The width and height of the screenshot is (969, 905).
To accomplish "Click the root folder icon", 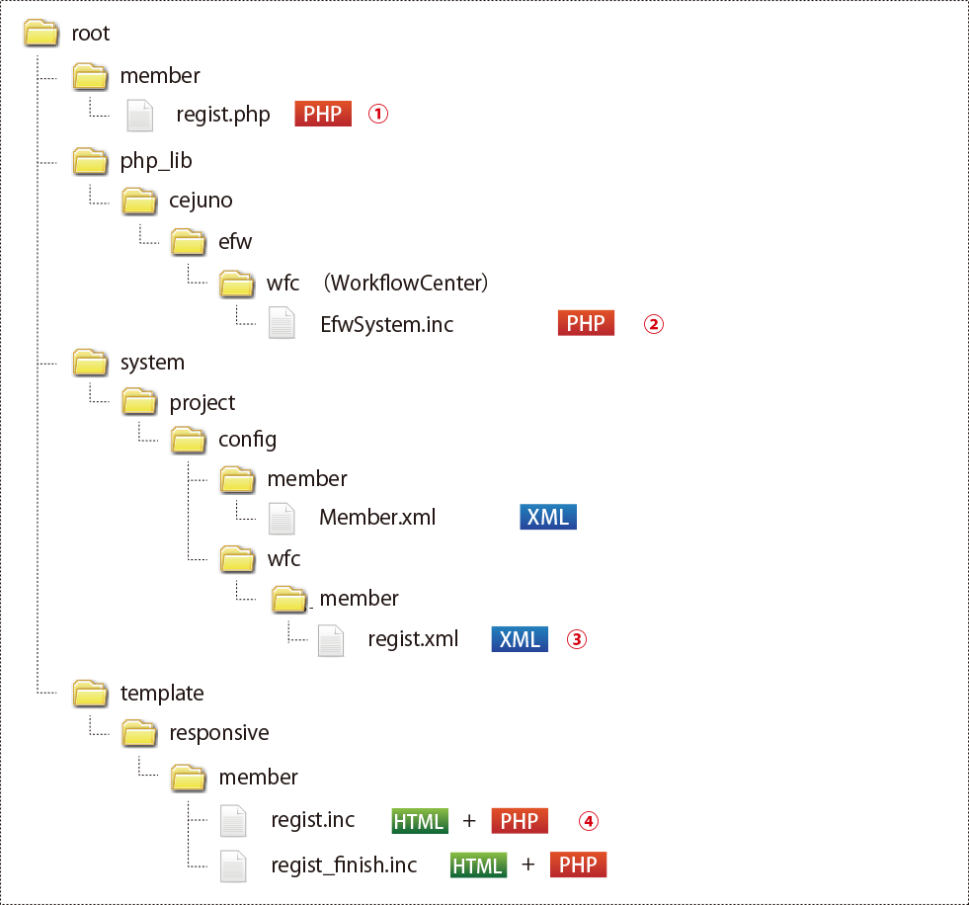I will (x=42, y=34).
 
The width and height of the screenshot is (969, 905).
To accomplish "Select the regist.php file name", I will (x=223, y=115).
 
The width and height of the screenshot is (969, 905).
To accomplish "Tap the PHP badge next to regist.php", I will (x=323, y=114).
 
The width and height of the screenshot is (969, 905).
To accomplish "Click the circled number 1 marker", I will (x=378, y=114).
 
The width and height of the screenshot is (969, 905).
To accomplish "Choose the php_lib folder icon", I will (x=91, y=161).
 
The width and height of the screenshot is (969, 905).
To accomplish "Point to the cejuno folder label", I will (x=201, y=202).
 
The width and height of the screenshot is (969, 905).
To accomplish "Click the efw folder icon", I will (x=188, y=242).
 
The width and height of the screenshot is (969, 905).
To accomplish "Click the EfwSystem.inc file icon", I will (x=283, y=323).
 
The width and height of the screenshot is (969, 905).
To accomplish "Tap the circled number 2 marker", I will (x=653, y=323).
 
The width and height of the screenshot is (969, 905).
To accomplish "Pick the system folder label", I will (x=152, y=363).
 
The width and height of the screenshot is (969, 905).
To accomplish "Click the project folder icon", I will (x=139, y=402).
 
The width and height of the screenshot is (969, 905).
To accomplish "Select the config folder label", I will (x=247, y=439).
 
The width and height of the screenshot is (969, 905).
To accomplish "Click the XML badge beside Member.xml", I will (x=548, y=517).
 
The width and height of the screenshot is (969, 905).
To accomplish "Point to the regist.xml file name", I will (x=413, y=639).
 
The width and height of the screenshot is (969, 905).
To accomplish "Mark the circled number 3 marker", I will (x=576, y=639).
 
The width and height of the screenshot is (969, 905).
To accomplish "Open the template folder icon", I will (x=91, y=693).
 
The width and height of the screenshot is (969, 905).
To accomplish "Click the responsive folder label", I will (x=219, y=733).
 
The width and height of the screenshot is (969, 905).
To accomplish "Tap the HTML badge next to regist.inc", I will (x=420, y=821).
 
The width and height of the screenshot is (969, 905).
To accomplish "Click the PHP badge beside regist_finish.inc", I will (x=578, y=865).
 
